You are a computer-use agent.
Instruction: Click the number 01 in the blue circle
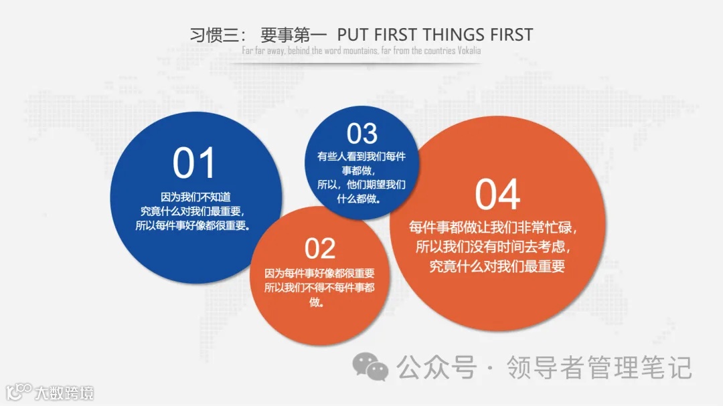[194, 163]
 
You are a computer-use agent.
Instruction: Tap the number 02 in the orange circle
[320, 249]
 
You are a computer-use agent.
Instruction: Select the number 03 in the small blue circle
[362, 134]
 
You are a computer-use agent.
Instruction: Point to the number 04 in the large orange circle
[497, 195]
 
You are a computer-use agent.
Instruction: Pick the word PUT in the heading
[352, 35]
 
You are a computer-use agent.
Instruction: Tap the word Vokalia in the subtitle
[469, 51]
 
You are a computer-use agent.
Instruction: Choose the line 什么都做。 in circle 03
[361, 199]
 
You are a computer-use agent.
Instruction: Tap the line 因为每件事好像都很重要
[319, 274]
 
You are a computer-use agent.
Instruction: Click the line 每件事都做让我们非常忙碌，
[493, 227]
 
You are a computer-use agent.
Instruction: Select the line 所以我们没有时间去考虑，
[493, 246]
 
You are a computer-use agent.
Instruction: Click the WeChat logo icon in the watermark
[370, 366]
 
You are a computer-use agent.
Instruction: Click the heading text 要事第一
[293, 35]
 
